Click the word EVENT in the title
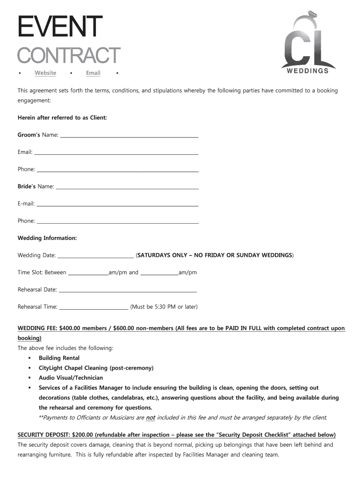coord(60,27)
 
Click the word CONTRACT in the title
coord(69,55)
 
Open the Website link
coord(45,73)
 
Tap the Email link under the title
coord(93,73)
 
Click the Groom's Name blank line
coord(130,136)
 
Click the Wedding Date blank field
coord(95,256)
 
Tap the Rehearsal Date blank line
coord(128,291)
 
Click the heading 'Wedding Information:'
coord(47,238)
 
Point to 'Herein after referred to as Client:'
coord(62,118)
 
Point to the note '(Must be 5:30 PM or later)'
coord(164,307)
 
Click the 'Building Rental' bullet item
coord(59,358)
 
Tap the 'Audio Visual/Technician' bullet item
coord(71,377)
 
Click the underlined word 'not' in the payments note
coord(151,418)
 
